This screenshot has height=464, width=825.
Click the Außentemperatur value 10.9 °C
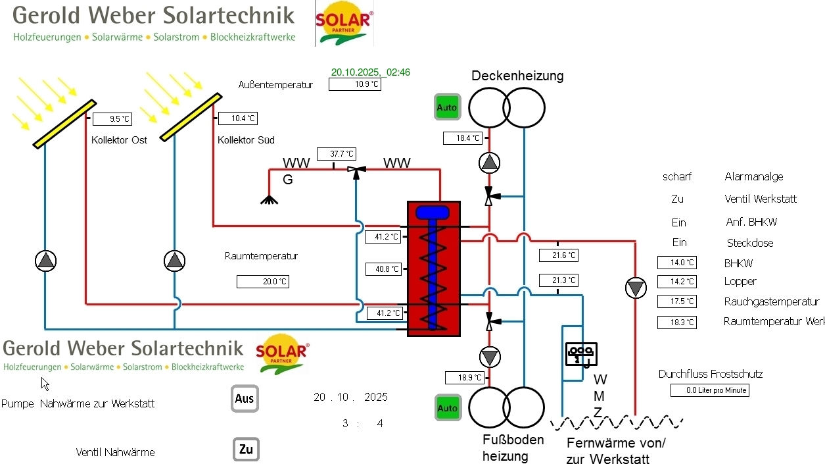click(355, 84)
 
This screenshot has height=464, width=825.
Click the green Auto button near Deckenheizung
click(447, 107)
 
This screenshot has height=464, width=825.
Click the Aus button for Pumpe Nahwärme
click(245, 399)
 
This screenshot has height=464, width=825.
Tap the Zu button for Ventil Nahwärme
click(246, 450)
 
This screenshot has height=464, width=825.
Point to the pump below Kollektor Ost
click(45, 261)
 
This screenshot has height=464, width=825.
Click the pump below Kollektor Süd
click(175, 261)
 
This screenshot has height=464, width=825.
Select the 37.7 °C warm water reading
click(336, 154)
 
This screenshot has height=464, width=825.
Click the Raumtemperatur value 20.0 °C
click(263, 282)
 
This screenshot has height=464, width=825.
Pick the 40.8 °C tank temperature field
click(383, 269)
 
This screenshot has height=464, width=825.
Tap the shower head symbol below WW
click(269, 199)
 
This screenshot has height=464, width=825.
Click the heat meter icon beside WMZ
click(581, 353)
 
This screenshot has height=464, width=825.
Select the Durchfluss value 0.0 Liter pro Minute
click(710, 390)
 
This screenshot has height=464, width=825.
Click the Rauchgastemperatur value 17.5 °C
click(676, 301)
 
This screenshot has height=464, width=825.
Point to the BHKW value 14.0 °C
click(676, 263)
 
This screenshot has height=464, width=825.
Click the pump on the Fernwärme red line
click(636, 288)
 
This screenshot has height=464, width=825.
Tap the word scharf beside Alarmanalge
click(677, 177)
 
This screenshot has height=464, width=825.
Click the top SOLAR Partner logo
click(344, 24)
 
